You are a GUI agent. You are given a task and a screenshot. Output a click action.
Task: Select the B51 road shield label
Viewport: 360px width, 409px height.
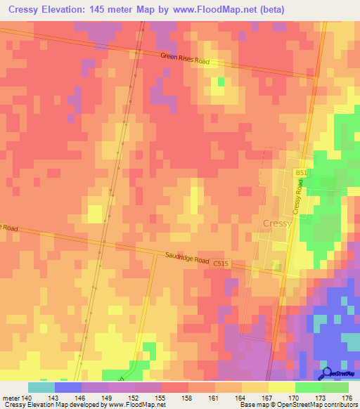point(301,172)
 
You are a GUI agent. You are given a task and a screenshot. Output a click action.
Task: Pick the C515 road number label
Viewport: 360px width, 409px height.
point(221,264)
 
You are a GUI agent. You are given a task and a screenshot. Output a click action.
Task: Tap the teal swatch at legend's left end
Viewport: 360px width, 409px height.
point(41,387)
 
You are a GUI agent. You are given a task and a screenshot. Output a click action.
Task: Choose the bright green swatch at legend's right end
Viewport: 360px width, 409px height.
point(335,387)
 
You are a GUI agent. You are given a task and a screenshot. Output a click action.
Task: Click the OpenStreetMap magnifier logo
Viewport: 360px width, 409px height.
point(328,373)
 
